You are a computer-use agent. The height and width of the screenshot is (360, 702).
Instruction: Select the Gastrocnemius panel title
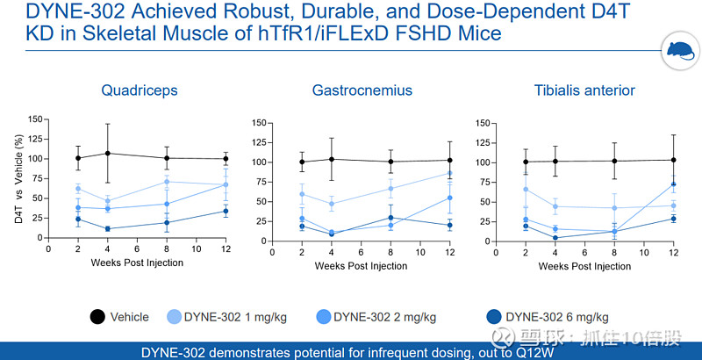[362, 90]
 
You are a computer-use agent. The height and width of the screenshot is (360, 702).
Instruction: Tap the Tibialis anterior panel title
[584, 90]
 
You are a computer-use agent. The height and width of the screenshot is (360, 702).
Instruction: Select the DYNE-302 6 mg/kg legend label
[557, 317]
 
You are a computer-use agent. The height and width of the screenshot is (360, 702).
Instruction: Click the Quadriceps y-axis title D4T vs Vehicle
[20, 178]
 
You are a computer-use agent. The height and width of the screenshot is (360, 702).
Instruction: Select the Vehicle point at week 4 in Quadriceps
[107, 154]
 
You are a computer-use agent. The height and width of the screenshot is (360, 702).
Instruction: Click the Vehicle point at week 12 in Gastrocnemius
[449, 160]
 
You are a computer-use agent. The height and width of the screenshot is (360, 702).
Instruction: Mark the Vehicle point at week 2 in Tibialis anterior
[526, 162]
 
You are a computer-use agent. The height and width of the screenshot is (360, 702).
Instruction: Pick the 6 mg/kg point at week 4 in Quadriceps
[107, 229]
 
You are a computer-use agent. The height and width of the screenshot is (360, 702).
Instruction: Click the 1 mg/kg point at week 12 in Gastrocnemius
[449, 173]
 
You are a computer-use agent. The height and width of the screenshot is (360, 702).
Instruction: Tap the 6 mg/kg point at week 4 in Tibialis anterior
[555, 237]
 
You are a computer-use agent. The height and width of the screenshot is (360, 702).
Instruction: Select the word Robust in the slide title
[267, 13]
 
